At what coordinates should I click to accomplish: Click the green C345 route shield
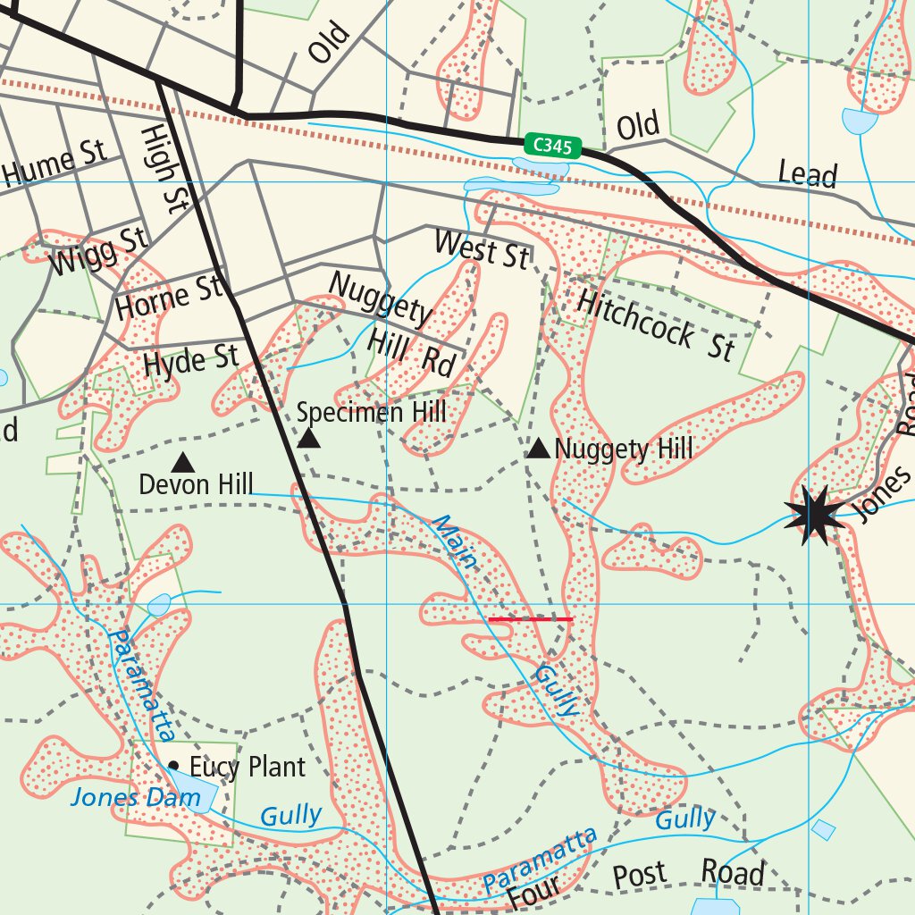coord(553,146)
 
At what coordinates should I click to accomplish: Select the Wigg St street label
coord(99,250)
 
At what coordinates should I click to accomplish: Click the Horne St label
coord(167,299)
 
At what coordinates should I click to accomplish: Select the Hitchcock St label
coord(655,324)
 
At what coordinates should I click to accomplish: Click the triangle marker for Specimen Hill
coord(308,438)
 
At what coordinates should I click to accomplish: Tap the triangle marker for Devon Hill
coord(183,463)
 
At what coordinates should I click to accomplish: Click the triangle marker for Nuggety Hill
coord(538,449)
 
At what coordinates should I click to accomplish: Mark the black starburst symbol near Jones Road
coord(814,515)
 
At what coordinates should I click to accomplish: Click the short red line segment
coord(531,618)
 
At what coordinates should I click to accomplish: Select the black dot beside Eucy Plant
coord(173,766)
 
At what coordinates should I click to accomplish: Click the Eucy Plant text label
coord(247,767)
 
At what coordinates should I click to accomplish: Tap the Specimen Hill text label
coord(371,412)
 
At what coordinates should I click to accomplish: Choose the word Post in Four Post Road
coord(639,876)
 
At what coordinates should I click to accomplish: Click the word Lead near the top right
coord(807,173)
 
